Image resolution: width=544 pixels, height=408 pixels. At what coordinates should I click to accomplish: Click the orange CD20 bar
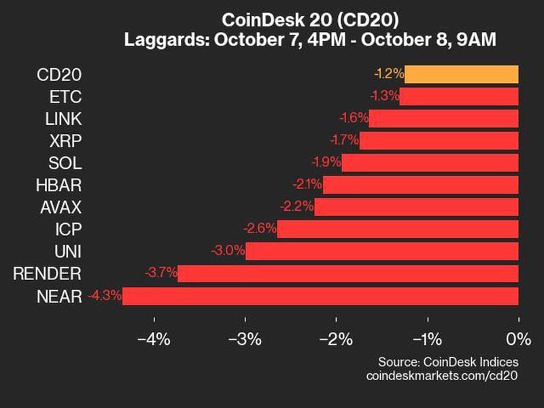[x=462, y=74]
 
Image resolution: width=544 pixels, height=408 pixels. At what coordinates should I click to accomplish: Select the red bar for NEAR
[x=320, y=296]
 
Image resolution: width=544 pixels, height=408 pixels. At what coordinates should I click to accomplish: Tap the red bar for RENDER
[x=348, y=274]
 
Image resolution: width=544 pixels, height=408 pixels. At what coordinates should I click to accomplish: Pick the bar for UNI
[x=381, y=252]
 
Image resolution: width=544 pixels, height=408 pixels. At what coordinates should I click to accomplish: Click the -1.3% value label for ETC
[x=384, y=96]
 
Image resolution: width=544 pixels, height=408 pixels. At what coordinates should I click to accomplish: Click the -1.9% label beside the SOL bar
[x=326, y=163]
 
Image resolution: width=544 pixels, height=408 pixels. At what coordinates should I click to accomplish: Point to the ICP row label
[x=69, y=229]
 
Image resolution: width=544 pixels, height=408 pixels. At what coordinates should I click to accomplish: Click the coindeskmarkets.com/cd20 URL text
[x=442, y=375]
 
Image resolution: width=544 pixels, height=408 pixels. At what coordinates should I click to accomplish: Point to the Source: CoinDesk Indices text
[x=448, y=361]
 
